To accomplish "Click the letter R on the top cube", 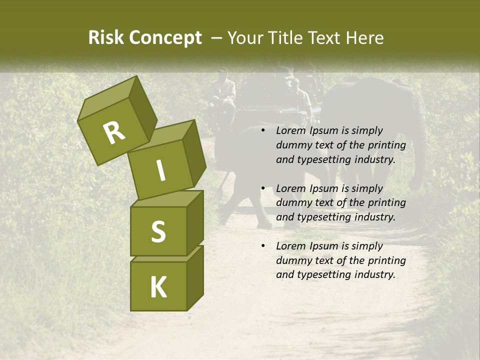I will coord(114,133).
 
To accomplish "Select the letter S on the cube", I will coord(158,231).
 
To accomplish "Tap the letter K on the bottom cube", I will coord(158,287).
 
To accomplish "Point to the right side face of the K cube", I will coord(195,277).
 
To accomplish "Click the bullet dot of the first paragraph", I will coord(263,131).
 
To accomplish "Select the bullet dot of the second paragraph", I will coord(263,188).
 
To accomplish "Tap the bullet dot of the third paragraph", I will coord(263,246).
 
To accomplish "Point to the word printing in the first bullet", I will coord(386,145).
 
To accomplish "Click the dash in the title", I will coord(216,38).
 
